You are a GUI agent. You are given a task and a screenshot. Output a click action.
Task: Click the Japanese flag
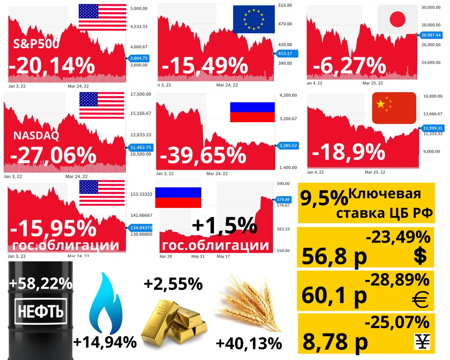tap(398, 19)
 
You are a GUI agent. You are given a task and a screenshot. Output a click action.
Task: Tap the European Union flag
tap(253, 19)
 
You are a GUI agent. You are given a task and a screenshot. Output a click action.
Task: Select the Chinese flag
tap(394, 108)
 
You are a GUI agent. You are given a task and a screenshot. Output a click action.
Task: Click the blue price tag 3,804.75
tap(139, 58)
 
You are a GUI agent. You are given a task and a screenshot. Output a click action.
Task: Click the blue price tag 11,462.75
tap(141, 147)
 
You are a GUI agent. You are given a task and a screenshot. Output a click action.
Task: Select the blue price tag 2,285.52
tap(288, 146)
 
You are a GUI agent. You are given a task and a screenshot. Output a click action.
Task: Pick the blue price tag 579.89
tap(283, 200)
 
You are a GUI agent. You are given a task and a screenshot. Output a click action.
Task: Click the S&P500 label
tap(36, 44)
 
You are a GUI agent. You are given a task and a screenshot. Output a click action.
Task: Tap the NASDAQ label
tap(36, 136)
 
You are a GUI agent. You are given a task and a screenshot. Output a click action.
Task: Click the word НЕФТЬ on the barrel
tap(41, 311)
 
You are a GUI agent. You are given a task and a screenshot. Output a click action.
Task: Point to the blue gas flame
tap(106, 303)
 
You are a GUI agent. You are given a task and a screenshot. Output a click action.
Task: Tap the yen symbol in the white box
tap(422, 342)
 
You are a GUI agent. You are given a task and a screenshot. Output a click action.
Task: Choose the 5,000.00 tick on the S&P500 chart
tap(139, 8)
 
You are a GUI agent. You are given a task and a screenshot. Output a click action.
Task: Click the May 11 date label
tap(198, 256)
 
